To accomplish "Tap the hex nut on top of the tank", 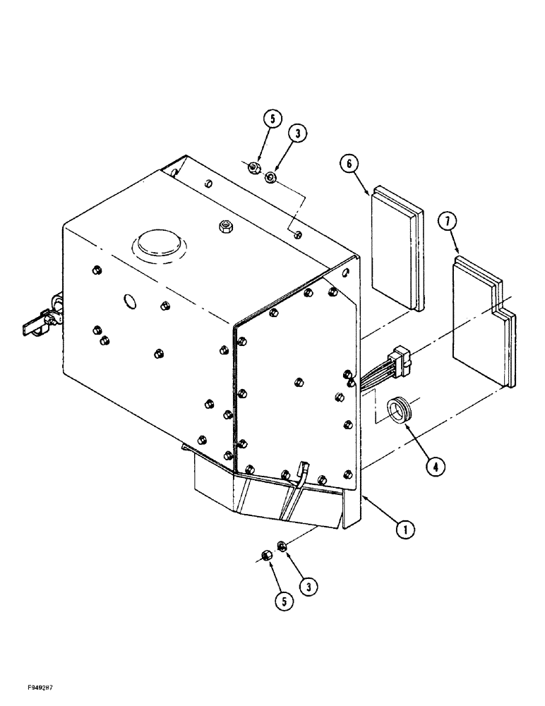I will pyautogui.click(x=227, y=227).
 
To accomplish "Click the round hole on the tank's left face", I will pyautogui.click(x=130, y=301).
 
